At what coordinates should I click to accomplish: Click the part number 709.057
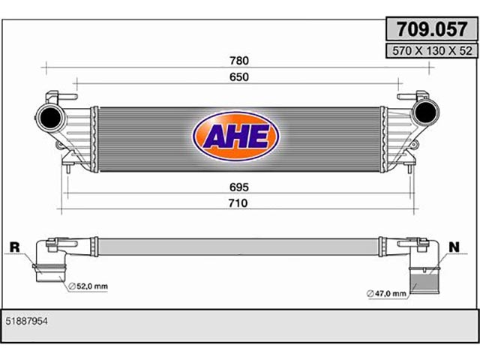coord(432,29)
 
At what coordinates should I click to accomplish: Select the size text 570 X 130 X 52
coord(432,51)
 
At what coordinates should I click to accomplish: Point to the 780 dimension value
coord(239,61)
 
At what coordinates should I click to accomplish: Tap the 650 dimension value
coord(239,76)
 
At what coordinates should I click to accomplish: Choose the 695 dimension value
coord(239,187)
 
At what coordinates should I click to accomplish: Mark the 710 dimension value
coord(238,203)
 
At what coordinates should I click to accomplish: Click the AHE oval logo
coord(235,136)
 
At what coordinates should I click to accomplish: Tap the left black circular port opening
coord(50,118)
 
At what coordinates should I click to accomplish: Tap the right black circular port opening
coord(425,112)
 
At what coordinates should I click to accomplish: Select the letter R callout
coord(15,247)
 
